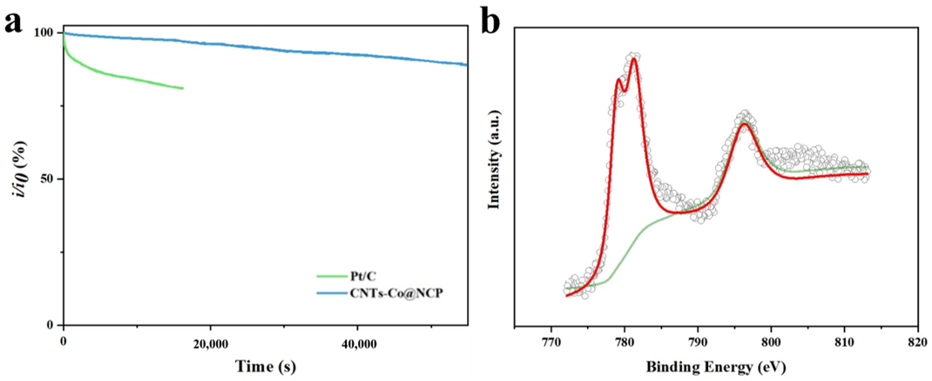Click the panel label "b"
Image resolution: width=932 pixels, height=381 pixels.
coord(490,21)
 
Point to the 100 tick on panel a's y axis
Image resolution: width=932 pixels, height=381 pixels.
coord(44,33)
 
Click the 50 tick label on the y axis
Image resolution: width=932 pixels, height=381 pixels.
coord(47,180)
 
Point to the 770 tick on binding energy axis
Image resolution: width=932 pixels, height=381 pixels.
coord(550,343)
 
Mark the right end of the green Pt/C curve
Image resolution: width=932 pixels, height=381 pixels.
coord(183,88)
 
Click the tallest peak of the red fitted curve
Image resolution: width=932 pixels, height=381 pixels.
coord(634,58)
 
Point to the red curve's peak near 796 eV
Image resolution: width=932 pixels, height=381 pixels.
coord(745,124)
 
